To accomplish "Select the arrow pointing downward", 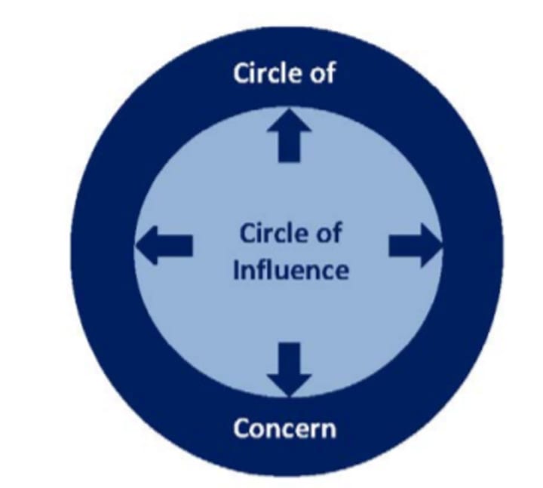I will [x=289, y=367].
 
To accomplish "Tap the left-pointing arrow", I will [x=164, y=245].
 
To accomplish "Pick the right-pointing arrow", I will [x=414, y=245].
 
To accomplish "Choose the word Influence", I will [x=290, y=269].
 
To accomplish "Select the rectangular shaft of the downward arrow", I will [x=289, y=354].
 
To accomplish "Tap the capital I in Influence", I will [x=235, y=269].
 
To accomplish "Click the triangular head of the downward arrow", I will [x=289, y=382].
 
